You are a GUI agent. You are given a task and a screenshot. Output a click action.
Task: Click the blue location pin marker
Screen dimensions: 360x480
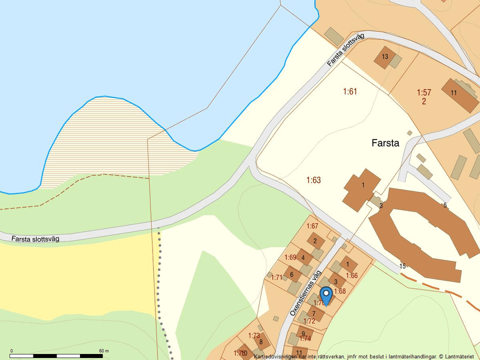point(326,295)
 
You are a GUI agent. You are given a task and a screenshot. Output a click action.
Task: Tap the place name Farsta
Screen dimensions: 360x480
point(385,143)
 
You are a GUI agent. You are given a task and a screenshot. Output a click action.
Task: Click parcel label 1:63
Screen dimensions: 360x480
point(313,180)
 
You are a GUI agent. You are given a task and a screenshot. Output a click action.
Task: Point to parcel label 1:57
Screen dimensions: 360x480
point(423,92)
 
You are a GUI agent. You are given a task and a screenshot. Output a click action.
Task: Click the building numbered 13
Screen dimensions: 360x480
point(385,56)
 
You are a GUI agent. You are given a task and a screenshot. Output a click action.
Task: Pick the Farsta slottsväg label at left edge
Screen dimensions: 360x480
point(35,239)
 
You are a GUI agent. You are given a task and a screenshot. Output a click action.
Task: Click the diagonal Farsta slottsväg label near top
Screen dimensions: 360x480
point(345,49)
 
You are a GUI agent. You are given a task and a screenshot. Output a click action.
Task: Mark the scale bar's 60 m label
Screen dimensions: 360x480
point(103,351)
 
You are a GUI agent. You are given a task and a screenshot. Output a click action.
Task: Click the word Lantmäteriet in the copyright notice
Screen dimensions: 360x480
point(459,356)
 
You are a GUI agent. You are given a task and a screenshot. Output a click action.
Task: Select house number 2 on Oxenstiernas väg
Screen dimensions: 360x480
point(315,241)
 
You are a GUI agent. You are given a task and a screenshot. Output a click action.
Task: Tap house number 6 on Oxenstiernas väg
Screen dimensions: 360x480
point(291,274)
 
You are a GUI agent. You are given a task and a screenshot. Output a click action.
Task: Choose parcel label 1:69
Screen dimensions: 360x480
point(290,257)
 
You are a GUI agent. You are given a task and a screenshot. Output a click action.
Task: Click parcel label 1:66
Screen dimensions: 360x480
point(351,275)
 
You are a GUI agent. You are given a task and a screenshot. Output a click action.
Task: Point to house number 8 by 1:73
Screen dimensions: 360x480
point(261,341)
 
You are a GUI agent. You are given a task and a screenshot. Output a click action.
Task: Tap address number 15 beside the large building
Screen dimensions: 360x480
point(402,266)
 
